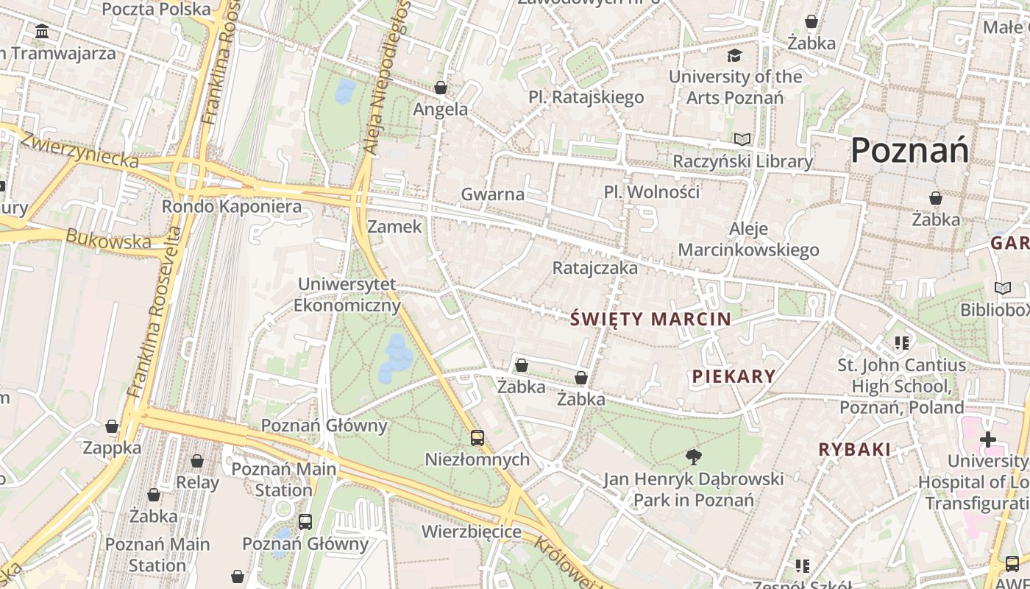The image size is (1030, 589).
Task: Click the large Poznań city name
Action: pos(909,150)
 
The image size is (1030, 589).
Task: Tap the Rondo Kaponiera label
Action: pos(232,206)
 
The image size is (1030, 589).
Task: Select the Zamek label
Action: pos(395,226)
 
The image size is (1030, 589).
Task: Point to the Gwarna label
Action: pos(493,194)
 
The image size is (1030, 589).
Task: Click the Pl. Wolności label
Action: pos(652,191)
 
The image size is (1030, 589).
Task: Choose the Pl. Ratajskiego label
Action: pos(586,97)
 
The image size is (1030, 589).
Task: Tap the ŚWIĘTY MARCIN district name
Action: pos(651,319)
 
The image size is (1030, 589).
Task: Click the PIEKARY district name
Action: pos(734,376)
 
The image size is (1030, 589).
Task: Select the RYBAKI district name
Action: pos(855,449)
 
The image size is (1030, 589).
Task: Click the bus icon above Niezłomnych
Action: pos(477,438)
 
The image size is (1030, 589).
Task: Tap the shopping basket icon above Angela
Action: pos(441,88)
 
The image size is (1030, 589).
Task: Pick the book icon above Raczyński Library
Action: pos(742,139)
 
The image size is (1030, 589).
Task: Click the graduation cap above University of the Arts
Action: pos(734,55)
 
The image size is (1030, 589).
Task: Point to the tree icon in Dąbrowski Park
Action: pos(693,457)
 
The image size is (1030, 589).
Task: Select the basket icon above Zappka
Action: pos(112,426)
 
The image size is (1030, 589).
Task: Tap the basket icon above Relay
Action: pos(197,462)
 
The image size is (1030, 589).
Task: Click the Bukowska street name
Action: pos(108,239)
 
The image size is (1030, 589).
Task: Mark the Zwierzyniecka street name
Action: pos(79,149)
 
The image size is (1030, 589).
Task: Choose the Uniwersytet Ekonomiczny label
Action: pos(347,294)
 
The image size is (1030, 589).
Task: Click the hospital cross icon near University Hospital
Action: pos(988,440)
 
